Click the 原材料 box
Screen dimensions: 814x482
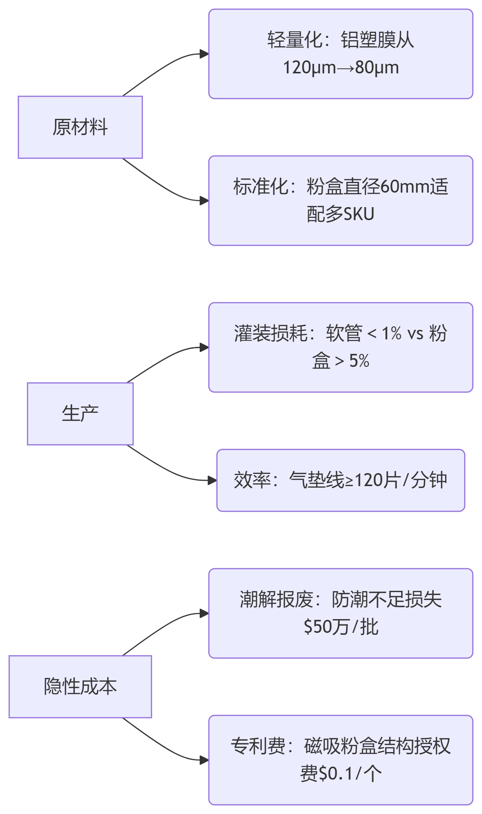[80, 127]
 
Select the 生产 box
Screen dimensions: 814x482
[80, 413]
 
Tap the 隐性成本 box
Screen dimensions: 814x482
[80, 686]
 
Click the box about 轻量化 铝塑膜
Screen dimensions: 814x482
[340, 54]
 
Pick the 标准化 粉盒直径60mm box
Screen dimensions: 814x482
[340, 200]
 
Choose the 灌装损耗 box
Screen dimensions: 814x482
[340, 347]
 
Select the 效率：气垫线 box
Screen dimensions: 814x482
[340, 480]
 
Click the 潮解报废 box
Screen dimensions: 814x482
[340, 613]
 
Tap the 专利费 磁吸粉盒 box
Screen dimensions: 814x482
[340, 760]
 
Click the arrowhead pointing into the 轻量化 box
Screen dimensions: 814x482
[205, 54]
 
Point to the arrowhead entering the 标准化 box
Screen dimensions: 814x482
[205, 200]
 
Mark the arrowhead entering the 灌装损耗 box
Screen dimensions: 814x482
[205, 347]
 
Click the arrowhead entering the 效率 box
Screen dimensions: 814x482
[213, 480]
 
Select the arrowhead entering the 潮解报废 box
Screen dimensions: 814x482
[205, 613]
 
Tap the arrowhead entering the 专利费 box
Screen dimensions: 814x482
[205, 760]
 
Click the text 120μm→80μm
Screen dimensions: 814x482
[340, 68]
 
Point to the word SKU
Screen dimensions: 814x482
[359, 214]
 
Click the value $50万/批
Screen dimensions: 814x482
[340, 627]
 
